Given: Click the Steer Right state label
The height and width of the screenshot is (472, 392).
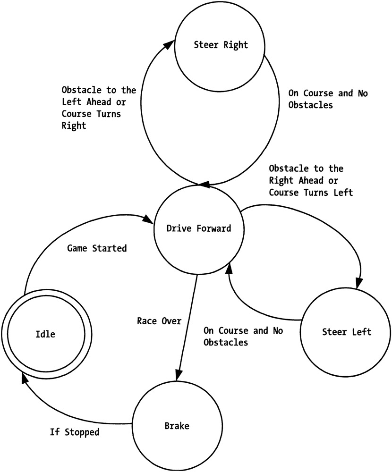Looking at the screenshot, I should tap(221, 45).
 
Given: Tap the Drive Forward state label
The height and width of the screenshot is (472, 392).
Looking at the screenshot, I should tap(199, 228).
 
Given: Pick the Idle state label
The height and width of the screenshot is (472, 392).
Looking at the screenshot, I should tap(45, 334).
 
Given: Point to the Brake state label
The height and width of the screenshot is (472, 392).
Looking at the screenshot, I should tap(177, 426).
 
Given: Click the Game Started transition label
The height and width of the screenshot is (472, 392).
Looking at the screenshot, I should tap(97, 248).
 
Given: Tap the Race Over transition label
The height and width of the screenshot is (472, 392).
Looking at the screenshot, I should tap(159, 321).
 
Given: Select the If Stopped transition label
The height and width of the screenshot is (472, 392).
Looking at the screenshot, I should tap(75, 431).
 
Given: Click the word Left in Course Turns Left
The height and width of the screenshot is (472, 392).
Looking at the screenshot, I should tap(342, 193).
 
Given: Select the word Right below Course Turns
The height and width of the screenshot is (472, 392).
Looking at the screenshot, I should tap(74, 126).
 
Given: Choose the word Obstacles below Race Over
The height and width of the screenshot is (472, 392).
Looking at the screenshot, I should tap(226, 342).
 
